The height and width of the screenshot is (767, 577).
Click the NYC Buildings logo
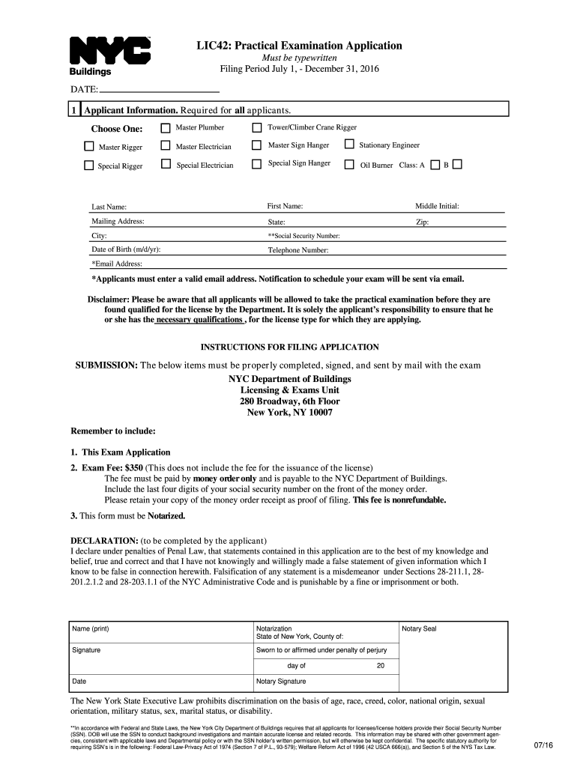coord(110,55)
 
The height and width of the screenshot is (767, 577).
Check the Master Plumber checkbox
coord(166,128)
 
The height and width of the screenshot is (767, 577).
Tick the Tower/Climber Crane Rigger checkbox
coord(257,128)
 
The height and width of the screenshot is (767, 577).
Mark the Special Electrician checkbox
coord(166,165)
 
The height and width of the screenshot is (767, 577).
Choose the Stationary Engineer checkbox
coord(348,145)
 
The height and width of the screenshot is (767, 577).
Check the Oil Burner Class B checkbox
coord(458,164)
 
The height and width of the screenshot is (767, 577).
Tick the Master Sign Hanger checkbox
coord(257,145)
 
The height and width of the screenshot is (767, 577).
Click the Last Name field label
coord(109,207)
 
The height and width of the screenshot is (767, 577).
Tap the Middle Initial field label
coord(437,206)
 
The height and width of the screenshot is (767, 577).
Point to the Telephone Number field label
coord(298,251)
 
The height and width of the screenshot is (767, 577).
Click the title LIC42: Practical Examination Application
coord(299,46)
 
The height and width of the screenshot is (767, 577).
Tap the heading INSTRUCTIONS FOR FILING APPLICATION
coord(289,347)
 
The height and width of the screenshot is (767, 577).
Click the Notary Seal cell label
coord(420,628)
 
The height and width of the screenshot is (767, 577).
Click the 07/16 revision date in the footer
coord(543,745)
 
